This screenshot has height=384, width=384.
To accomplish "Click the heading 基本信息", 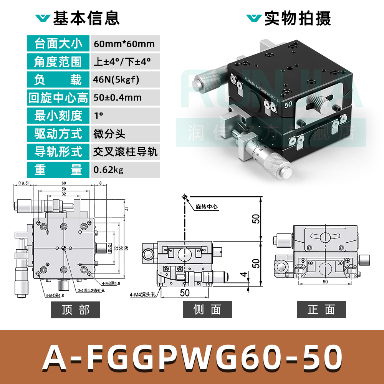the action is [86, 18].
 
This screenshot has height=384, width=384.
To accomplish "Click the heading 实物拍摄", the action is [297, 18].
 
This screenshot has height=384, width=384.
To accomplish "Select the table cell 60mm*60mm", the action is [124, 44].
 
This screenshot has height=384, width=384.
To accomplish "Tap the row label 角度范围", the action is [58, 61].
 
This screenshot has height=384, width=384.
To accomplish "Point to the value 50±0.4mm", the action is [118, 98].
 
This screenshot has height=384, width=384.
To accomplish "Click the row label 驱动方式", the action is [58, 134].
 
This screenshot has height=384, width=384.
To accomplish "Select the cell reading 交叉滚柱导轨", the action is [125, 152].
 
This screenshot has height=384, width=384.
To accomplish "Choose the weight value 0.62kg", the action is [109, 170].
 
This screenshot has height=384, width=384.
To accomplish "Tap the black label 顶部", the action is [76, 310].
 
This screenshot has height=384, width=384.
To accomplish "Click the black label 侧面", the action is [207, 310].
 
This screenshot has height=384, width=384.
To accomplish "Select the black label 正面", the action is [321, 310].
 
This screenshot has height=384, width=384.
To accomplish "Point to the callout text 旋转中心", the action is [207, 207].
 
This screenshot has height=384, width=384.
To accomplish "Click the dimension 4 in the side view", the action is [242, 275].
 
